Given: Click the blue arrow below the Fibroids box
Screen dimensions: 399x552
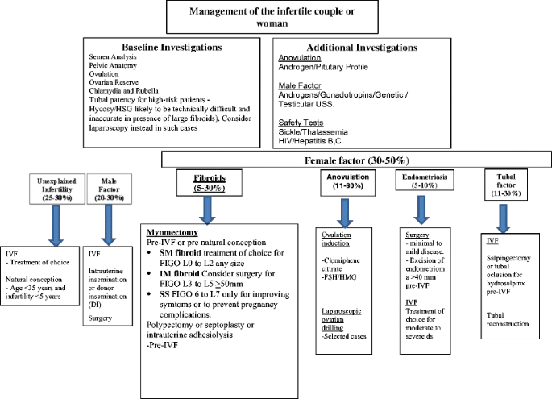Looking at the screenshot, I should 202,212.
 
